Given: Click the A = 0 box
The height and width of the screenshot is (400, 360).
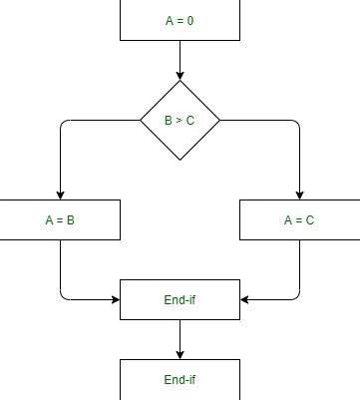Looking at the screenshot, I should [180, 20].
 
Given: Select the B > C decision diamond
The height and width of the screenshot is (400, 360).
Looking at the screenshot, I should [180, 120].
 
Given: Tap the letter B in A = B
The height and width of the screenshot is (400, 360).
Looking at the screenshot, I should [71, 220].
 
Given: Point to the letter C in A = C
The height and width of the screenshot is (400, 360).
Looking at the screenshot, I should [310, 220].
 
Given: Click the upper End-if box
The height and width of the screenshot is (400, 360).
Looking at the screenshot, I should [180, 299].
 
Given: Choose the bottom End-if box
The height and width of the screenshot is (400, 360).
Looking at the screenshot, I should [180, 380].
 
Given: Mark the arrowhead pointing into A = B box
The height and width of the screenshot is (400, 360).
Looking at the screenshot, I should [60, 195].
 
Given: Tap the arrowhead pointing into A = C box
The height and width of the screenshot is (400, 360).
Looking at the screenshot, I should [299, 195].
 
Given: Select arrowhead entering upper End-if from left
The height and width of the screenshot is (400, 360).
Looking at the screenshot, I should [115, 299].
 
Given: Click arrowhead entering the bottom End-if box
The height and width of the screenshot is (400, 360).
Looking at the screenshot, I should [180, 354].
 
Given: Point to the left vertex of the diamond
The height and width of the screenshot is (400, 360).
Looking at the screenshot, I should [141, 120].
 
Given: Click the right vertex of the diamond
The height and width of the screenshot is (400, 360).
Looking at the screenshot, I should [219, 120].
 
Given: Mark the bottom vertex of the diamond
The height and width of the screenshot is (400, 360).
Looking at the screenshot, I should [180, 160].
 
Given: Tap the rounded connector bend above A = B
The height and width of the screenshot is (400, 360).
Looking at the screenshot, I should [63, 123].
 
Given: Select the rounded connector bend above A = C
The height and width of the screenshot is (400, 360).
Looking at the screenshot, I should [296, 123].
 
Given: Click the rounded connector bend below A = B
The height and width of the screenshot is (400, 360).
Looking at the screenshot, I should [63, 296].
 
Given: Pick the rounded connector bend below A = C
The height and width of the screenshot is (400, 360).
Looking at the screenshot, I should [296, 296].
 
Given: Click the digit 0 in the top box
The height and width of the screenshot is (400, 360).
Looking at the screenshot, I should [191, 21].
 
